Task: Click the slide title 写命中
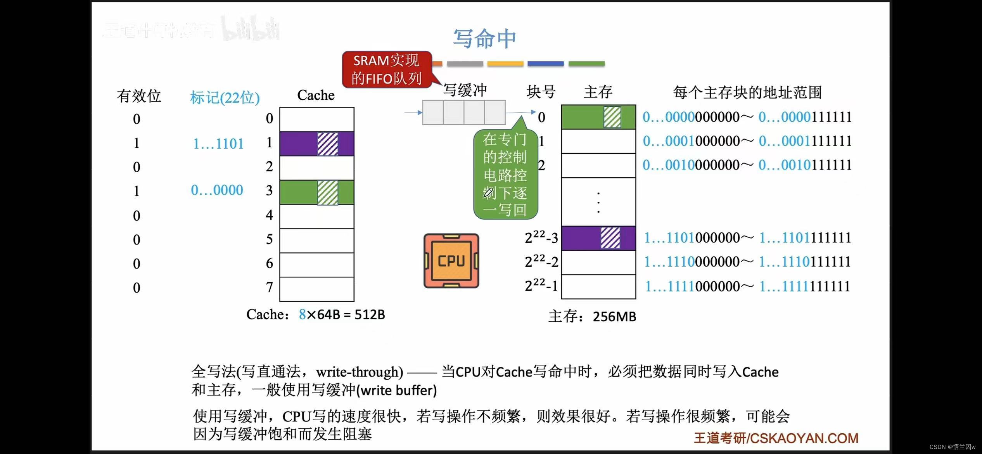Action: point(484,38)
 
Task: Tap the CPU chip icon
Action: point(451,261)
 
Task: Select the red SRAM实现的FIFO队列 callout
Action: point(386,69)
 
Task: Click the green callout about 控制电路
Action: point(505,175)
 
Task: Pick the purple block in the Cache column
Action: point(316,144)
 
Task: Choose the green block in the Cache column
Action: point(316,192)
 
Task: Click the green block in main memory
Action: point(598,117)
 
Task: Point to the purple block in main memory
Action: point(598,238)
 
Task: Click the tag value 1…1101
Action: point(218,144)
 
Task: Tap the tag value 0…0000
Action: point(217,190)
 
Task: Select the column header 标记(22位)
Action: point(225,97)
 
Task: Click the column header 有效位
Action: point(139,96)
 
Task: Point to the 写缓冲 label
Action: point(465,90)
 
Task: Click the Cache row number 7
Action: point(270,288)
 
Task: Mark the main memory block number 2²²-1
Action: point(541,286)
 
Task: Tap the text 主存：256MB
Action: point(592,317)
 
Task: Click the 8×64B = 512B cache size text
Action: point(342,314)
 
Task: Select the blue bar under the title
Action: point(545,64)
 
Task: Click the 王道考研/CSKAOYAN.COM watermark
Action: point(776,438)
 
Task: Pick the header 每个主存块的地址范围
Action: point(747,92)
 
